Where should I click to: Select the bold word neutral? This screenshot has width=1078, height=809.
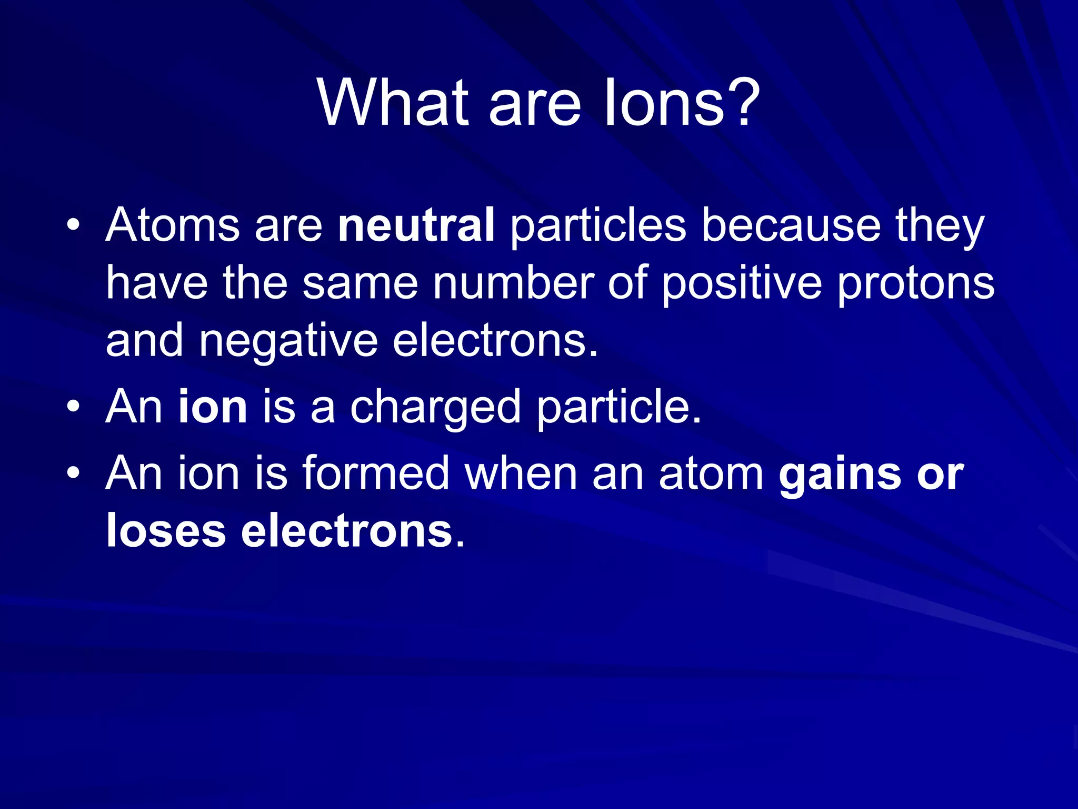pos(416,225)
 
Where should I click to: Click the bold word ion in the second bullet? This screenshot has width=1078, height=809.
pos(213,407)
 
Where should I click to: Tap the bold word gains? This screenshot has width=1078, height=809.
pos(840,474)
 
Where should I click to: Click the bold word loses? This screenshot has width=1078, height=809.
pos(166,531)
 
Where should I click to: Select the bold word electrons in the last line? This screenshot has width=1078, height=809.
pos(347,531)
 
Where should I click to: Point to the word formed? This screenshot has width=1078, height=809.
pos(376,473)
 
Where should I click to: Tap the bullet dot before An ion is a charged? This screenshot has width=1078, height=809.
pos(73,407)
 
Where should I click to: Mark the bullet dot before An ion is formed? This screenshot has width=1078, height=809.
pos(73,473)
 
